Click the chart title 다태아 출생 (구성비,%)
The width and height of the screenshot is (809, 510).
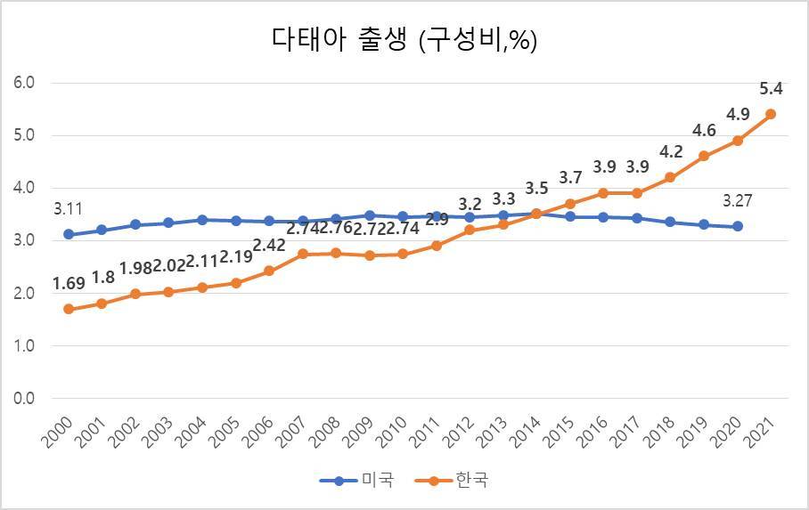coord(404,40)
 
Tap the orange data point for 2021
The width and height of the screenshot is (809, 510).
coord(771,114)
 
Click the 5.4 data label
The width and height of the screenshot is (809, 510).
coord(771,89)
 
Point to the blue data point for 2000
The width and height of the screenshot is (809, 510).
coord(68,235)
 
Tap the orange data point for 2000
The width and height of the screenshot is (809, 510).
coord(68,309)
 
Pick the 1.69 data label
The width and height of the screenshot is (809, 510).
coord(68,285)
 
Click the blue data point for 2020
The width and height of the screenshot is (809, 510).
coord(738,226)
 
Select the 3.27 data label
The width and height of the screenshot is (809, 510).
coord(738,201)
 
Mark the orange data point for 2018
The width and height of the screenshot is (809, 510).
coord(671,177)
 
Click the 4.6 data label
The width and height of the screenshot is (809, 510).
coord(704,131)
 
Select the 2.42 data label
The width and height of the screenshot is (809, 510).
coord(268,246)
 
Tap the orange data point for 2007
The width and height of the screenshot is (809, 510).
coord(302,254)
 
